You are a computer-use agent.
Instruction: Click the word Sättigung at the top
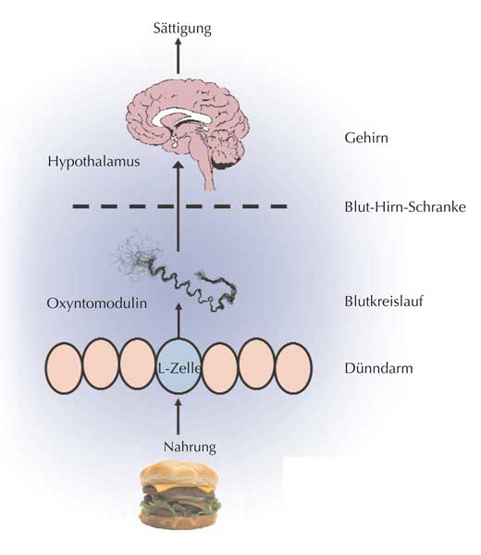coord(182,29)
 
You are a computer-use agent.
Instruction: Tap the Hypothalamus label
coord(93,162)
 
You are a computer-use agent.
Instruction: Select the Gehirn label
coord(366,137)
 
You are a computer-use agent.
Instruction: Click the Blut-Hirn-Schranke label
coord(405,206)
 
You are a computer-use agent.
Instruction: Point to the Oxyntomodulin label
coord(96,303)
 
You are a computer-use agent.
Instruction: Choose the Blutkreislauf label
coord(384,302)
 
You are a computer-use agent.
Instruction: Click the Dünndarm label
coord(378,368)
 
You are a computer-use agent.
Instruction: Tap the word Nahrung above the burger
coord(190,448)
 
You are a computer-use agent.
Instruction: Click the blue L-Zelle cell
coord(179,366)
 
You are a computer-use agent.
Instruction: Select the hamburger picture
coord(179,494)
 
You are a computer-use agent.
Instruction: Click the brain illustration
coord(188,131)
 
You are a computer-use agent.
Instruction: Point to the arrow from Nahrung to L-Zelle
coord(179,417)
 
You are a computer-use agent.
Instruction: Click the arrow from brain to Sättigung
coord(179,55)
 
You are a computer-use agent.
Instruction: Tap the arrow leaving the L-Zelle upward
coord(179,321)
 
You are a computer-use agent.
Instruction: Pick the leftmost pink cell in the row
coord(64,368)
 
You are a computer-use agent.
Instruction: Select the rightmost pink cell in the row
coord(293,368)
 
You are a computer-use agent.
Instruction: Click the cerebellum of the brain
coord(227,153)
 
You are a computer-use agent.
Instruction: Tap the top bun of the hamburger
coord(179,474)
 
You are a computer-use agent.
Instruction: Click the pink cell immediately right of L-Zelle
coord(220,368)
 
